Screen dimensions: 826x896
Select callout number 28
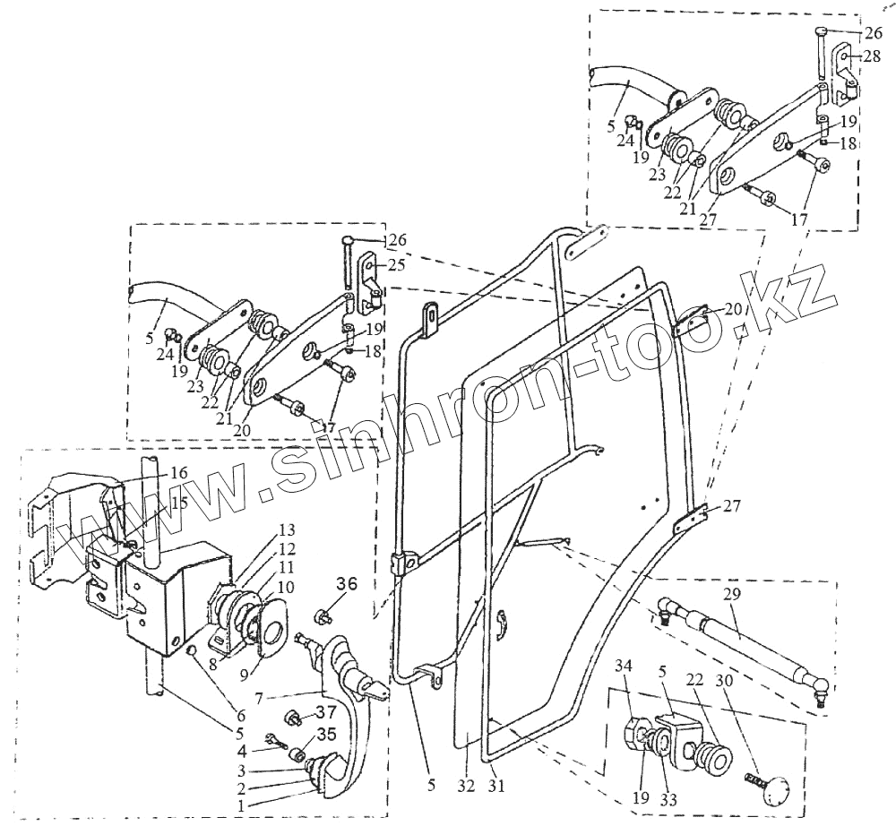tap(873, 56)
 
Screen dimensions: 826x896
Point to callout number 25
tap(396, 265)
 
